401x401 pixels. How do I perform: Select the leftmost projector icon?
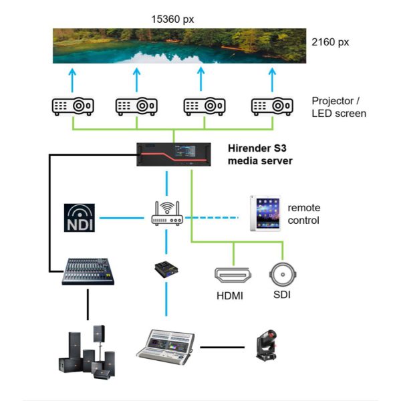[73, 106]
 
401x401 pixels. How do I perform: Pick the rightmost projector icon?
[272, 106]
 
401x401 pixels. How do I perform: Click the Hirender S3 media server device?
[170, 155]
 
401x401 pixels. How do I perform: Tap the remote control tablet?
[263, 213]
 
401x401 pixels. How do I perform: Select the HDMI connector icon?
[233, 275]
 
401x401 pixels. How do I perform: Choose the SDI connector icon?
[282, 274]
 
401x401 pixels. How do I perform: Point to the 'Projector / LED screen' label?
[339, 107]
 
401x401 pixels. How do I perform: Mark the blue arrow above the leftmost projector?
[73, 78]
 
